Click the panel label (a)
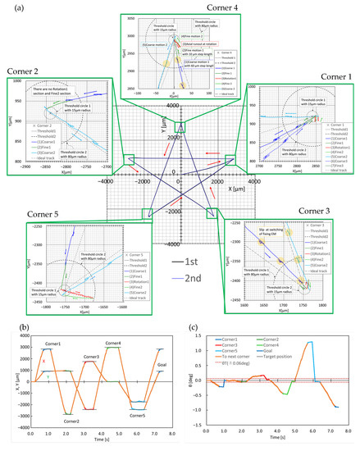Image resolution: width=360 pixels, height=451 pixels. [x=11, y=7]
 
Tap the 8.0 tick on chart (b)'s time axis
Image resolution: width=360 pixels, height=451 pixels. [x=175, y=434]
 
